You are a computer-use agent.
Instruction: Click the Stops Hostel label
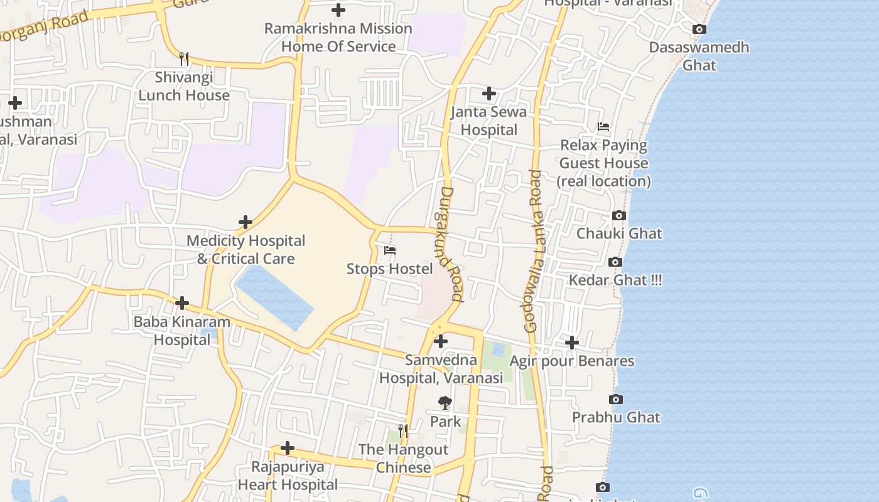point(389,269)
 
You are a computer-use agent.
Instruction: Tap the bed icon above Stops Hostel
point(390,250)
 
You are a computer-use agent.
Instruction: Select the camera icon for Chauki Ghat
point(619,215)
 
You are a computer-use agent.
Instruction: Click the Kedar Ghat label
point(615,280)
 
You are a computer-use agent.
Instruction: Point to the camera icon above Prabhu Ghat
point(616,399)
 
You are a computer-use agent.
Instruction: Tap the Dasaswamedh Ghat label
point(699,56)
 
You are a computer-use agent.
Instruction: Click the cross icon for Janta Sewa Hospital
point(489,94)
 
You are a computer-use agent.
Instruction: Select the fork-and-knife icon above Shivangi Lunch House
point(184,59)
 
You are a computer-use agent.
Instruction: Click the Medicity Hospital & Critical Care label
point(245,250)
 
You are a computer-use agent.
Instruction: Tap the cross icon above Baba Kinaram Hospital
point(182,304)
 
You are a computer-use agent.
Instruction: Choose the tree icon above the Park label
point(445,403)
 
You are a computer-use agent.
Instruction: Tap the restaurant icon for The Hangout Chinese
point(403,431)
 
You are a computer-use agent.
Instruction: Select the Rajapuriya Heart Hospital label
point(288,476)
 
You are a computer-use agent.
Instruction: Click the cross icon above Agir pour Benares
point(572,343)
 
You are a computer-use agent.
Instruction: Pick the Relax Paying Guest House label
point(603,163)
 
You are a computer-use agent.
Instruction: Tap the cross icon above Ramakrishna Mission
point(338,10)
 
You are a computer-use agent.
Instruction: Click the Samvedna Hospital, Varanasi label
point(441,369)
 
